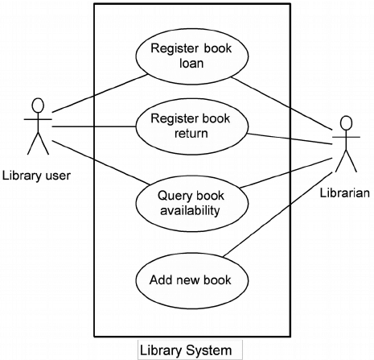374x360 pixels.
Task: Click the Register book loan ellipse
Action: pos(192,56)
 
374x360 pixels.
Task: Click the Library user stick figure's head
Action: pos(38,105)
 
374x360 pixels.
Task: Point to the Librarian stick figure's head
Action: pos(346,123)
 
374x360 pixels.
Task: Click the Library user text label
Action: pos(36,176)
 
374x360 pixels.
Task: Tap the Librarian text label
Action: pos(345,193)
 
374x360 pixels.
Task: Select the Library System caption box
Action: pos(190,350)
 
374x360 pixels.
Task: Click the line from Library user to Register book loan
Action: pos(100,93)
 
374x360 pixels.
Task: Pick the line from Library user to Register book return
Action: pos(94,126)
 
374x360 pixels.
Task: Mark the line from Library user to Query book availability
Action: pos(101,163)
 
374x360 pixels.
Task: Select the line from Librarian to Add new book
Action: pos(279,213)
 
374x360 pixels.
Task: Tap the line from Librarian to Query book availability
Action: pos(286,173)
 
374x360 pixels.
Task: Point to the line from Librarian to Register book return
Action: pos(290,139)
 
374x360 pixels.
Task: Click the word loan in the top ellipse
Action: pos(191,63)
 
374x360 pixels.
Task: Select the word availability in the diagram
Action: pos(190,210)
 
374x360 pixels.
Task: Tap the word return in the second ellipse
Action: pos(191,134)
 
